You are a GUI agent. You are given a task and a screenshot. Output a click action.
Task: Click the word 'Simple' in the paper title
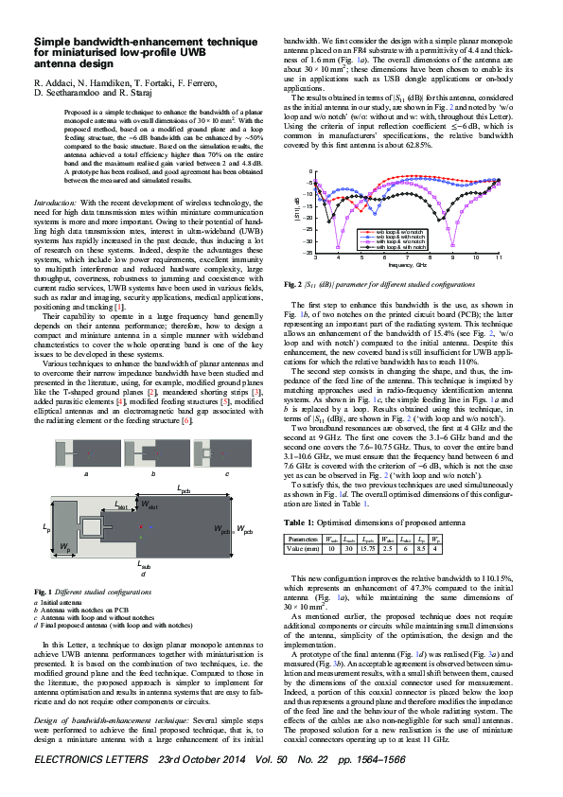coord(53,43)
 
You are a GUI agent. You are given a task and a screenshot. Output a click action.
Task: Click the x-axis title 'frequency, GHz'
coord(405,267)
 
